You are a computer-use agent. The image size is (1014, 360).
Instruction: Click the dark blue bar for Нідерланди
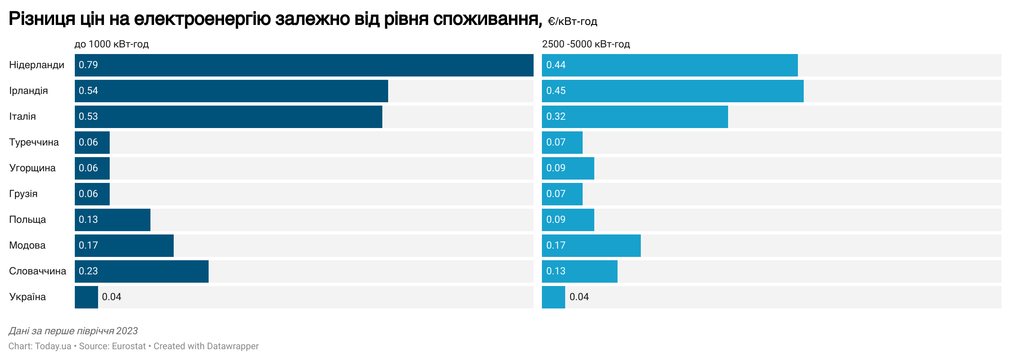coord(303,65)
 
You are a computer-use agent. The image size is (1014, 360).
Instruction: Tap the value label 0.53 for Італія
coord(88,117)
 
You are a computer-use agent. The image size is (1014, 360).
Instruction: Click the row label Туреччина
coord(34,143)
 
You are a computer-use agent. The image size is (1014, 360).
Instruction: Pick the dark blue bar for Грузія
coord(92,194)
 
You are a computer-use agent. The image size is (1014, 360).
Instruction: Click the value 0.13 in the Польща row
coord(88,220)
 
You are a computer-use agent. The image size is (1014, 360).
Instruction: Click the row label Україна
coord(27,297)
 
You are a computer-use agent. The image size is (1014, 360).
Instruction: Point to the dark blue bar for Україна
coord(86,297)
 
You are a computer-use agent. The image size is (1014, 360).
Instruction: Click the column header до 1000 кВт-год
coord(111,44)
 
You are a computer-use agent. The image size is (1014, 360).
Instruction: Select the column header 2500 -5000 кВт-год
coord(586,44)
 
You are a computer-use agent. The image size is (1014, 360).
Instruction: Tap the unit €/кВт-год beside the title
coord(572,22)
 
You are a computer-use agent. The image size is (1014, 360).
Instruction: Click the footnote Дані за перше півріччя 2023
coord(73,331)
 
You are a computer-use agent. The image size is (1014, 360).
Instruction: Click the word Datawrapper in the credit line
coord(233,346)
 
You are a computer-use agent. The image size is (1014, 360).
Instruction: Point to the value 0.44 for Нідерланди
coord(556,65)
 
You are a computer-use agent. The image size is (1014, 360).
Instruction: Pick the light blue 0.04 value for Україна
coord(579,297)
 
